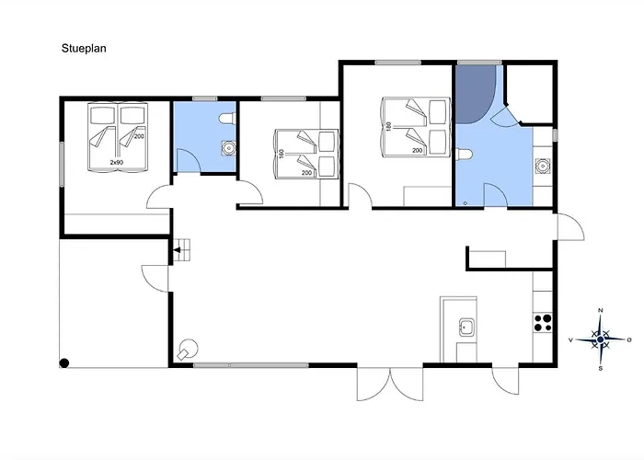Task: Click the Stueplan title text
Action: [x=84, y=49]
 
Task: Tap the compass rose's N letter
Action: [x=600, y=310]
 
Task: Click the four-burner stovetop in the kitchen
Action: [x=543, y=323]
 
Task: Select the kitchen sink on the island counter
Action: [x=467, y=327]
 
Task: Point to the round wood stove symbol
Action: [x=188, y=349]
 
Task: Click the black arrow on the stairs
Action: [x=177, y=249]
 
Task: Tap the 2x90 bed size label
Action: [x=117, y=162]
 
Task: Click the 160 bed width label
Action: [x=282, y=154]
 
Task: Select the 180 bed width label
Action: [x=388, y=126]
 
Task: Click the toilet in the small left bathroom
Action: [x=227, y=119]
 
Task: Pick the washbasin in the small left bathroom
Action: [x=228, y=148]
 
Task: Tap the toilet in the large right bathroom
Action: [x=464, y=155]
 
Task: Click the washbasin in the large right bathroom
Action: [x=543, y=166]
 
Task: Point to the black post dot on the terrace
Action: [x=64, y=363]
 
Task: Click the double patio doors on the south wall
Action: [x=390, y=384]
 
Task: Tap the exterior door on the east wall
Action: [x=570, y=226]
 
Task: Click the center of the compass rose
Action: [x=601, y=339]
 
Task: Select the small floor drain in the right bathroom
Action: [x=466, y=203]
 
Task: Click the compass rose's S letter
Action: [x=601, y=368]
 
